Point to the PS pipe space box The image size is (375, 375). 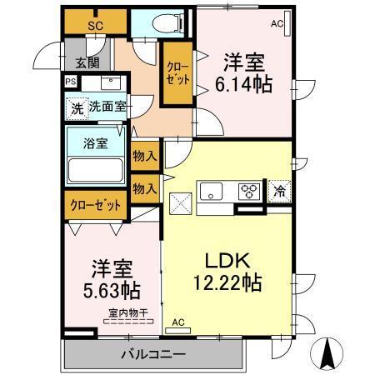coord(69,82)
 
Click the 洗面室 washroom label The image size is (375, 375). coord(107,107)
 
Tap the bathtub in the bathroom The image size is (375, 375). coord(95,169)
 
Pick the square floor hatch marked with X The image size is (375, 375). coord(181,202)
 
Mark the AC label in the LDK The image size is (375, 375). coord(178,322)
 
